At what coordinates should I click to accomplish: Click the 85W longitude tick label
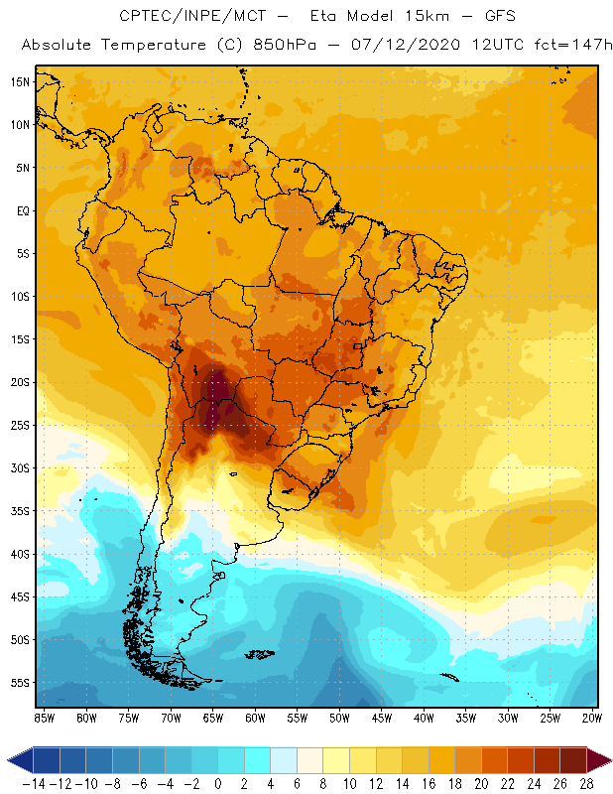coord(44,717)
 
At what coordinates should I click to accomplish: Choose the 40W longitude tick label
coord(425,717)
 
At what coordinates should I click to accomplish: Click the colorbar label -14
coord(34,783)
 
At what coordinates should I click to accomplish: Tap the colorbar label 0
coord(218,783)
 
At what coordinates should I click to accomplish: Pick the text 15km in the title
coord(411,17)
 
